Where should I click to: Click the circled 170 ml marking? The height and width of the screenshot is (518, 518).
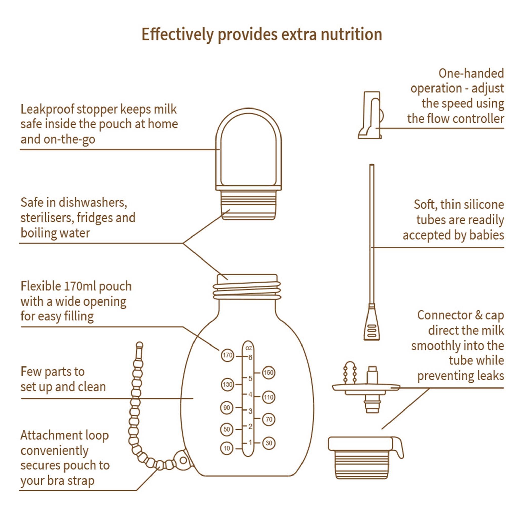pyautogui.click(x=227, y=356)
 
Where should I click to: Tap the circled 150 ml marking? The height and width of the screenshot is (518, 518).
pyautogui.click(x=268, y=373)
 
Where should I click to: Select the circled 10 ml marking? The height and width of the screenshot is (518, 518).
pyautogui.click(x=227, y=448)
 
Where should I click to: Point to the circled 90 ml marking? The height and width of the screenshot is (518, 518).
pyautogui.click(x=227, y=408)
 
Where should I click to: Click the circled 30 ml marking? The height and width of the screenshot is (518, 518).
pyautogui.click(x=269, y=443)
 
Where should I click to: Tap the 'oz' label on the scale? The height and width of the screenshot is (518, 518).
pyautogui.click(x=249, y=348)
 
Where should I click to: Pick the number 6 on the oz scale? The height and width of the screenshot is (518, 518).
pyautogui.click(x=250, y=357)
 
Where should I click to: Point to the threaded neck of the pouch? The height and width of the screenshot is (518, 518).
pyautogui.click(x=247, y=290)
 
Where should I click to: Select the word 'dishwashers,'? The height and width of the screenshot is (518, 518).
pyautogui.click(x=93, y=202)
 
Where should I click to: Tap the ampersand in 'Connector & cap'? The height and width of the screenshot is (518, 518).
pyautogui.click(x=479, y=315)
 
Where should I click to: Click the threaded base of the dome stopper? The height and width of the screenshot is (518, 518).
pyautogui.click(x=249, y=205)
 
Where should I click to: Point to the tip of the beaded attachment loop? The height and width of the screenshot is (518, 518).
pyautogui.click(x=139, y=345)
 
